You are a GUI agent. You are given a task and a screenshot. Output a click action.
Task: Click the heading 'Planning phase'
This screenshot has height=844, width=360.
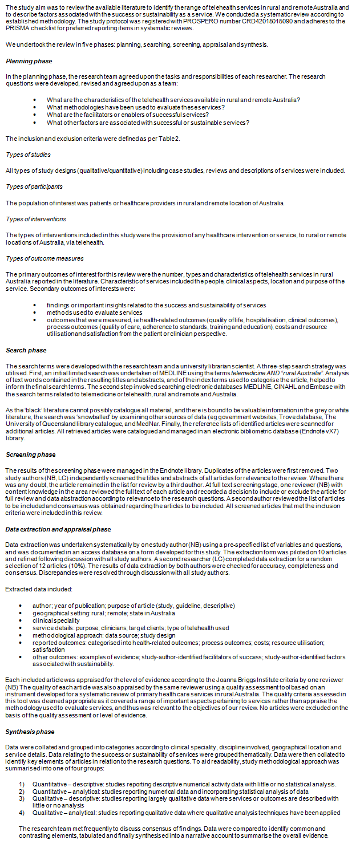pyautogui.click(x=29, y=61)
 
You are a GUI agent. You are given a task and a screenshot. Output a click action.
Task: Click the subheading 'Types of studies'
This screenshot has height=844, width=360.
pyautogui.click(x=28, y=155)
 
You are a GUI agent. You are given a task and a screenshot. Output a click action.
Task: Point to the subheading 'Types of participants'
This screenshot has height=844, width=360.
pyautogui.click(x=34, y=186)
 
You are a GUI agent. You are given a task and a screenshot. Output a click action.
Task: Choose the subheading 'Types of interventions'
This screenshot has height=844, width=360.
pyautogui.click(x=36, y=218)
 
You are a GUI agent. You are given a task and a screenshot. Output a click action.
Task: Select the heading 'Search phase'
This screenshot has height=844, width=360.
pyautogui.click(x=26, y=350)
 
